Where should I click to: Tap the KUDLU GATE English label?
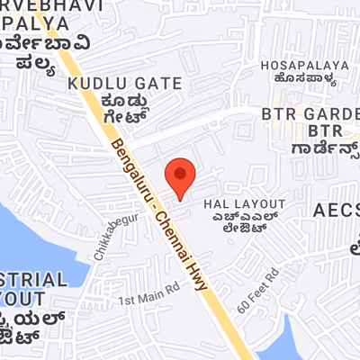124,84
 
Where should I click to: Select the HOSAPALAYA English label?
304,65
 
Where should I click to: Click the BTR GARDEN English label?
310,114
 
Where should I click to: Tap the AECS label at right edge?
336,211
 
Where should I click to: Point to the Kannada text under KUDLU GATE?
133,108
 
